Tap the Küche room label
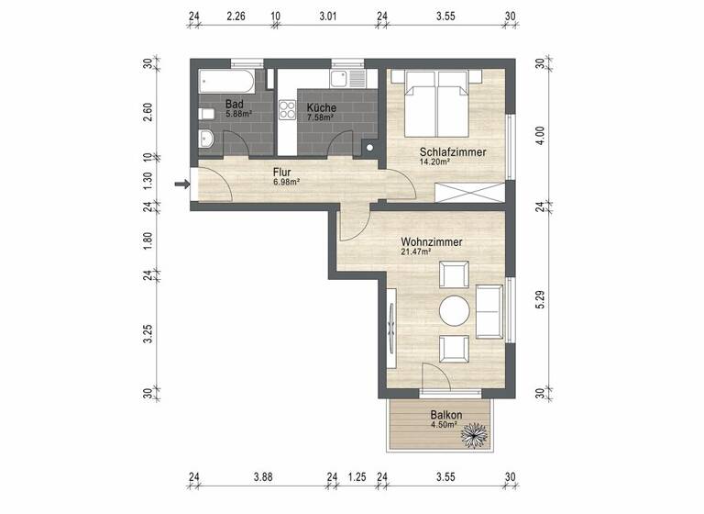(x=321, y=107)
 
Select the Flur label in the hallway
(x=282, y=172)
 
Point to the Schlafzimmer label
(x=452, y=152)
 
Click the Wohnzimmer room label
(x=431, y=242)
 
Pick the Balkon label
(x=445, y=414)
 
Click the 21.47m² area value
(x=416, y=252)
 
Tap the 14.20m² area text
(x=434, y=162)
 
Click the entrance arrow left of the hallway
(x=181, y=184)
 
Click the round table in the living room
(x=454, y=311)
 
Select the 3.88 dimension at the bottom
(x=263, y=477)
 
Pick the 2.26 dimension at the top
(x=236, y=16)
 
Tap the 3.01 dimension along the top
(x=327, y=16)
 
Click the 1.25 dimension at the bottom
(x=357, y=477)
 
